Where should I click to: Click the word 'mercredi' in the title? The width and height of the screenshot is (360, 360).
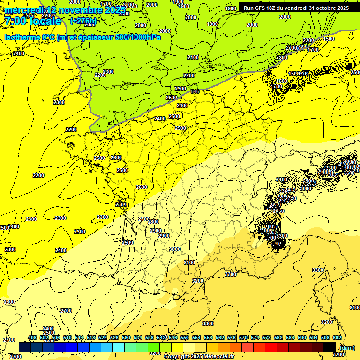pyautogui.click(x=23, y=10)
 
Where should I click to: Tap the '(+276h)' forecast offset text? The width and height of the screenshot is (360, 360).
pyautogui.click(x=83, y=21)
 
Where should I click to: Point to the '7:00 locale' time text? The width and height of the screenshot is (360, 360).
pyautogui.click(x=32, y=21)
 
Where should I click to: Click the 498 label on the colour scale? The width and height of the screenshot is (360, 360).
pyautogui.click(x=32, y=337)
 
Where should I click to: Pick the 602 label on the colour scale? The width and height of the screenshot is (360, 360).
pyautogui.click(x=337, y=337)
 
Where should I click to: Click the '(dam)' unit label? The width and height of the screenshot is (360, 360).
pyautogui.click(x=347, y=347)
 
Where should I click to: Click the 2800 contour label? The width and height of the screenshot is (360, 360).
pyautogui.click(x=153, y=222)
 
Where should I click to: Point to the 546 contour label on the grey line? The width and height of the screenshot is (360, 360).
pyautogui.click(x=195, y=91)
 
